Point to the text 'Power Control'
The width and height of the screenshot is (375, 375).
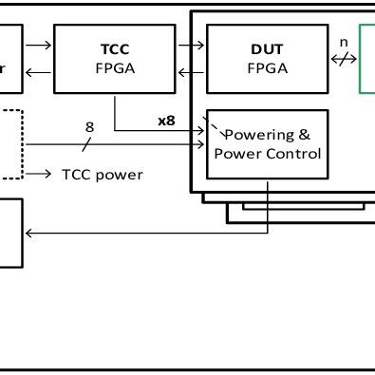click(268, 153)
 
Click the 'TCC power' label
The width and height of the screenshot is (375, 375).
click(103, 175)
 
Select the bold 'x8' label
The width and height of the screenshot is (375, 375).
click(167, 122)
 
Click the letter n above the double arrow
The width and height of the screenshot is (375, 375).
click(344, 42)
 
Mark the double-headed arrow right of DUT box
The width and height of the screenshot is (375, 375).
click(344, 59)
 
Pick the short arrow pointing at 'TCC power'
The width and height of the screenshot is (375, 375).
click(40, 175)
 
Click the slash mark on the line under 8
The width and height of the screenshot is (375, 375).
click(86, 145)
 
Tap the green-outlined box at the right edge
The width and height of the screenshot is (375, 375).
click(367, 59)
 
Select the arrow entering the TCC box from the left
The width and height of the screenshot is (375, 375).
click(40, 44)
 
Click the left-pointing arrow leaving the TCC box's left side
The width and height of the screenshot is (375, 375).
click(38, 73)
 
